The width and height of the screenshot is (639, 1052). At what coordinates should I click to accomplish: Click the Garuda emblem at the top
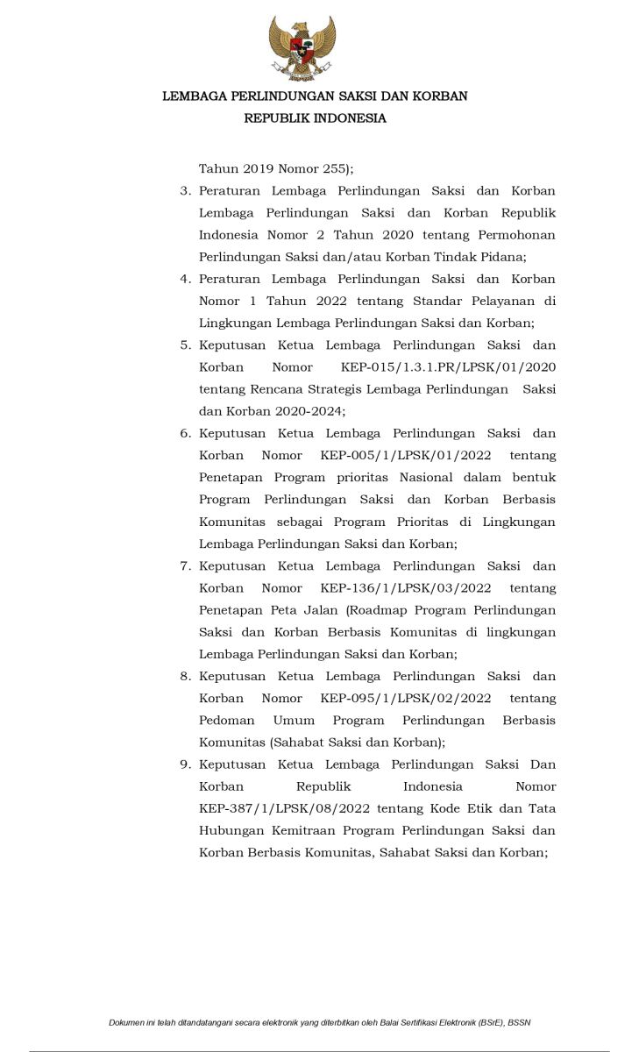click(x=302, y=49)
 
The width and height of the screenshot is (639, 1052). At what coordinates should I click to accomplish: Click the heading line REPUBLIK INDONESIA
click(x=315, y=118)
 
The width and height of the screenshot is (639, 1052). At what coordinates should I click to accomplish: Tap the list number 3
click(x=185, y=191)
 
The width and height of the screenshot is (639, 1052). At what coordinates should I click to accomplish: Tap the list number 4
click(x=185, y=280)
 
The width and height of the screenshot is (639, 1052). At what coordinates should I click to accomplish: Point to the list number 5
click(x=185, y=345)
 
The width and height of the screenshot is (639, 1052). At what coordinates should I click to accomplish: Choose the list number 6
click(x=185, y=434)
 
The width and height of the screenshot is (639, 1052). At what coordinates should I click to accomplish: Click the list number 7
click(x=185, y=566)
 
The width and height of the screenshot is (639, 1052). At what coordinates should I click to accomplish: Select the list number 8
click(x=185, y=677)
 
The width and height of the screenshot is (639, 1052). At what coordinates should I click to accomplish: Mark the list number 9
click(x=185, y=764)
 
